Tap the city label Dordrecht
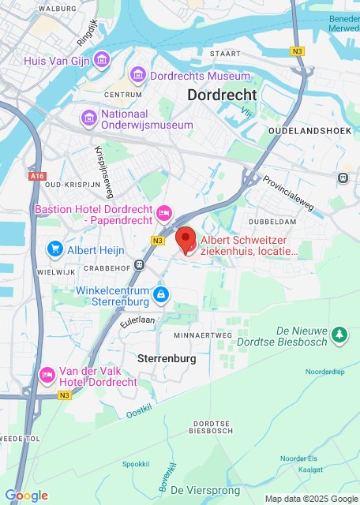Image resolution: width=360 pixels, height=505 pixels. click(222, 95)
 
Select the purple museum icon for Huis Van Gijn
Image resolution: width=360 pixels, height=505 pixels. click(101, 60)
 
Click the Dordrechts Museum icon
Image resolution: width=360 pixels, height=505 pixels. click(139, 76)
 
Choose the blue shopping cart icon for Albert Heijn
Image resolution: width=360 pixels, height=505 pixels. click(54, 249)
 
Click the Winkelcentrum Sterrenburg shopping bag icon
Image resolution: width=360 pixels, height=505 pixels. click(161, 296)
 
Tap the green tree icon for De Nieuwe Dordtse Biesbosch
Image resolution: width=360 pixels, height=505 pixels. click(339, 335)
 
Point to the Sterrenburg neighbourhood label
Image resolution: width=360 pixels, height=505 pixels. click(166, 358)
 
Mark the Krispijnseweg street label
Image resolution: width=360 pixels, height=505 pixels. click(104, 163)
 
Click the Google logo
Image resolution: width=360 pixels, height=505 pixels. click(26, 496)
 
